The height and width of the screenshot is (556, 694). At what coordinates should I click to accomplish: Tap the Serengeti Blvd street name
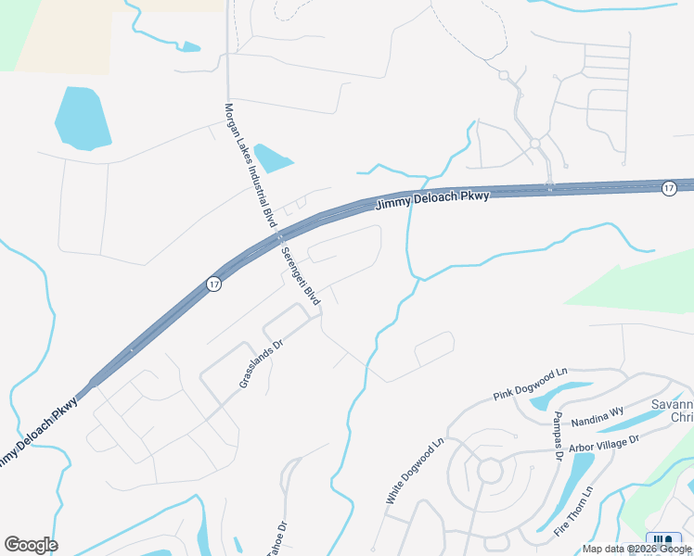[x=300, y=277]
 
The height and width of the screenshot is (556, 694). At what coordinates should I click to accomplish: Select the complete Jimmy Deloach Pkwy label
[x=431, y=199]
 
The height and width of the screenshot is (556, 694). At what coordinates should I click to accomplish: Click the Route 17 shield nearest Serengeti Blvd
[x=214, y=284]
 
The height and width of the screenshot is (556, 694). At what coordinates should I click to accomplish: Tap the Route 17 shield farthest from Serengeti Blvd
[x=668, y=188]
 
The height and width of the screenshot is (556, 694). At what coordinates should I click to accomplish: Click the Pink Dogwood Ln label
[x=530, y=385]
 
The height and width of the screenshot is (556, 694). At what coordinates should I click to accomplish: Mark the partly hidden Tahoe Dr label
[x=276, y=540]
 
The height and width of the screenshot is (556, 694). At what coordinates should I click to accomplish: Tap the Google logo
[x=31, y=545]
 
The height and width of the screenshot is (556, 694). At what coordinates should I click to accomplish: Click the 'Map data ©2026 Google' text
[x=638, y=549]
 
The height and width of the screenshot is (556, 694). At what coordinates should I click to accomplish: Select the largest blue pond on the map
[x=84, y=118]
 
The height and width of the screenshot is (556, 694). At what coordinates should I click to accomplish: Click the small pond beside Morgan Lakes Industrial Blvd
[x=273, y=158]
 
